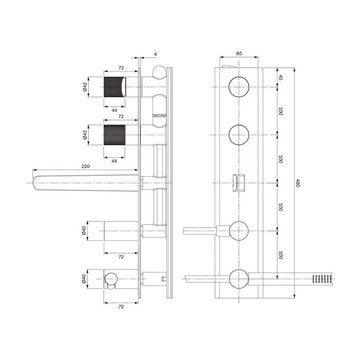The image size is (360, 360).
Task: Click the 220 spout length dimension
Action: [x=85, y=166]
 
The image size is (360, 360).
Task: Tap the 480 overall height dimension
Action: [x=298, y=183]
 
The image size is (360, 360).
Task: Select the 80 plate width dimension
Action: [x=239, y=54]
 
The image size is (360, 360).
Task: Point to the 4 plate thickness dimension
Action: [x=156, y=54]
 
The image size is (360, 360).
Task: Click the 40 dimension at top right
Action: [x=280, y=77]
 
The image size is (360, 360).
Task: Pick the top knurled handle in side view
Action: [x=114, y=87]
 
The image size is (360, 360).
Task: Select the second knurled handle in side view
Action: [x=114, y=135]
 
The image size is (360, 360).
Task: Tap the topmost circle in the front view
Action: [x=239, y=87]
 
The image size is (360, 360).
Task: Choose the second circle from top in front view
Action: [x=239, y=135]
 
